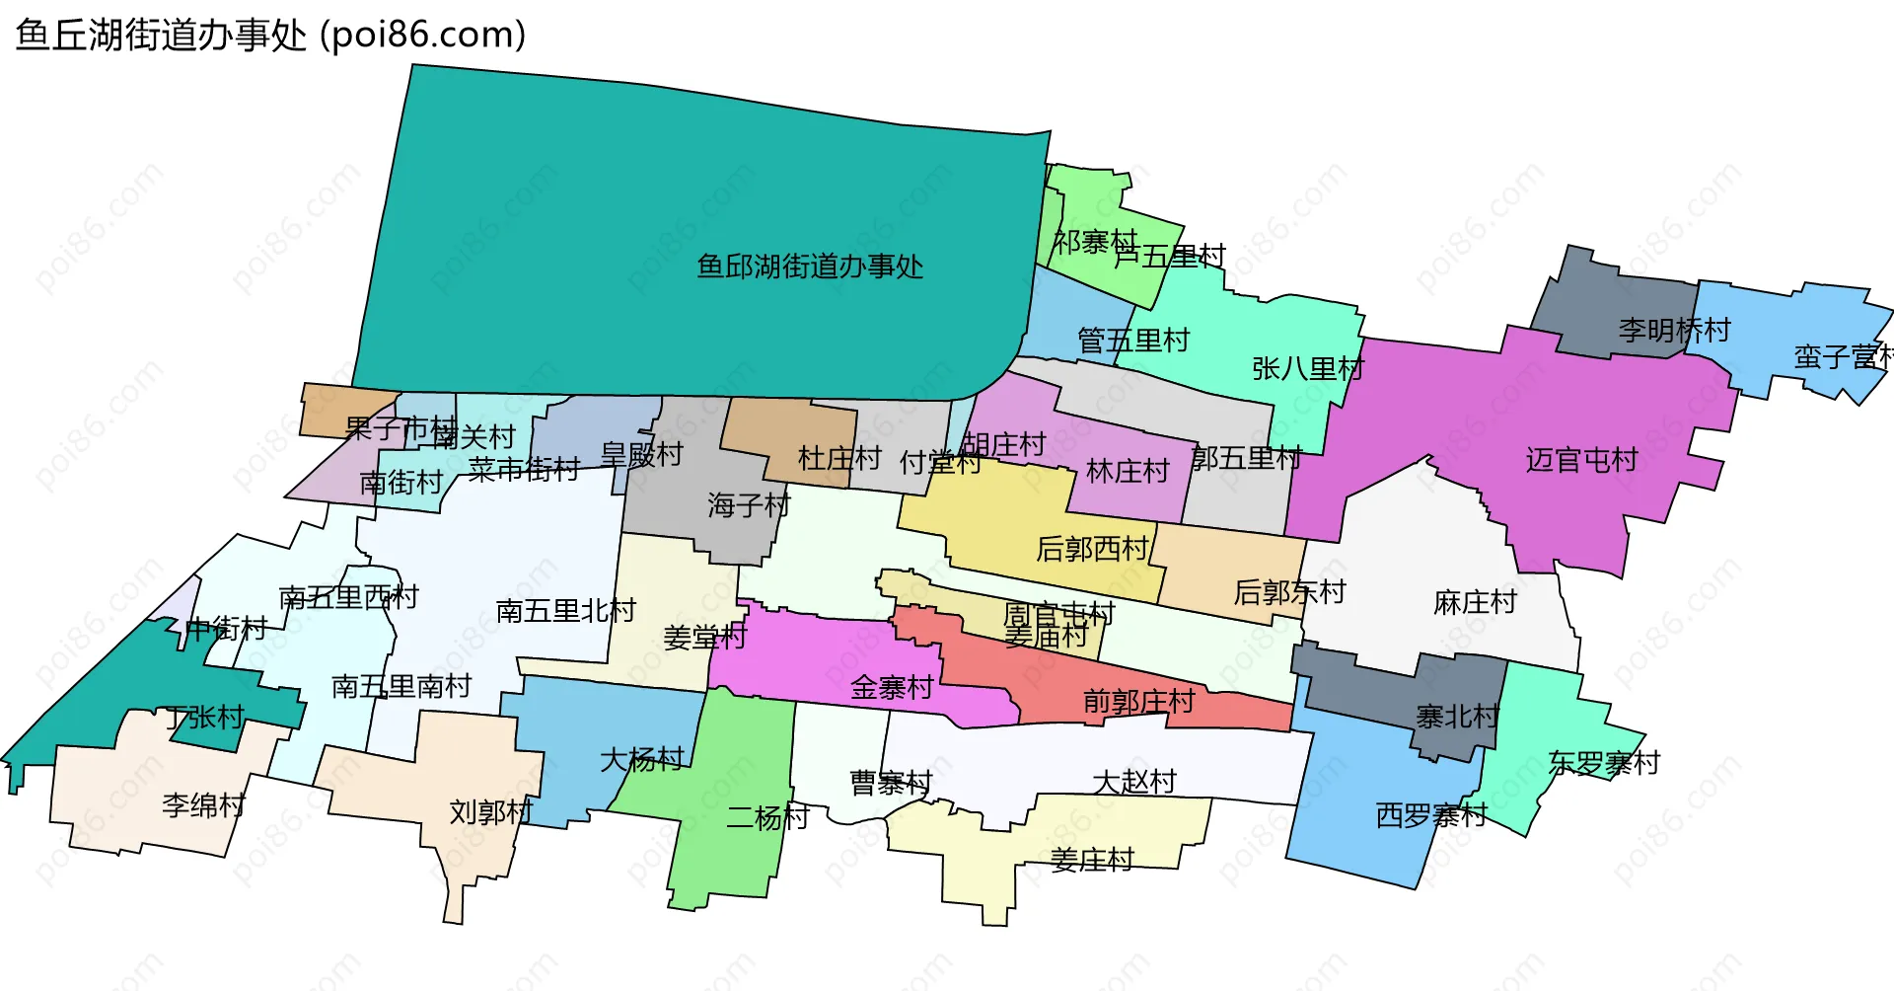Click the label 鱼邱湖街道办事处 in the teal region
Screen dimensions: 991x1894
click(x=810, y=267)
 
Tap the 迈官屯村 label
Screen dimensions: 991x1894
click(x=1581, y=460)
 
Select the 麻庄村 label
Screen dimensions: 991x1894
click(x=1475, y=602)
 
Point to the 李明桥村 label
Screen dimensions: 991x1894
click(x=1674, y=330)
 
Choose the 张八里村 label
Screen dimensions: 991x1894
click(x=1307, y=369)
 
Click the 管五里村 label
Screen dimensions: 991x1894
click(x=1133, y=342)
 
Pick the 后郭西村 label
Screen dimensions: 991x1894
click(x=1092, y=549)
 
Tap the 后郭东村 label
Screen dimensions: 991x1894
click(x=1289, y=592)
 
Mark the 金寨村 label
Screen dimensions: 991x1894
click(x=892, y=687)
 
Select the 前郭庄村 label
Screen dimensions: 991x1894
click(x=1138, y=702)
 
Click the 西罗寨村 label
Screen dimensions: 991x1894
click(x=1430, y=815)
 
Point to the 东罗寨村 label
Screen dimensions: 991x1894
click(x=1604, y=763)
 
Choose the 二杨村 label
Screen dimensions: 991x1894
click(x=767, y=817)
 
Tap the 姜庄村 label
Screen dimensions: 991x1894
click(x=1092, y=860)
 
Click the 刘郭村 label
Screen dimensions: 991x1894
click(x=490, y=812)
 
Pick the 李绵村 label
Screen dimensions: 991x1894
click(x=203, y=805)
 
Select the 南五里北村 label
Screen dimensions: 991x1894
click(x=565, y=611)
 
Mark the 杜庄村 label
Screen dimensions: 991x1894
click(x=838, y=458)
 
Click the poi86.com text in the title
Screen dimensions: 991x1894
click(x=422, y=35)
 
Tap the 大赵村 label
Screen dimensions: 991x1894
click(x=1134, y=782)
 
